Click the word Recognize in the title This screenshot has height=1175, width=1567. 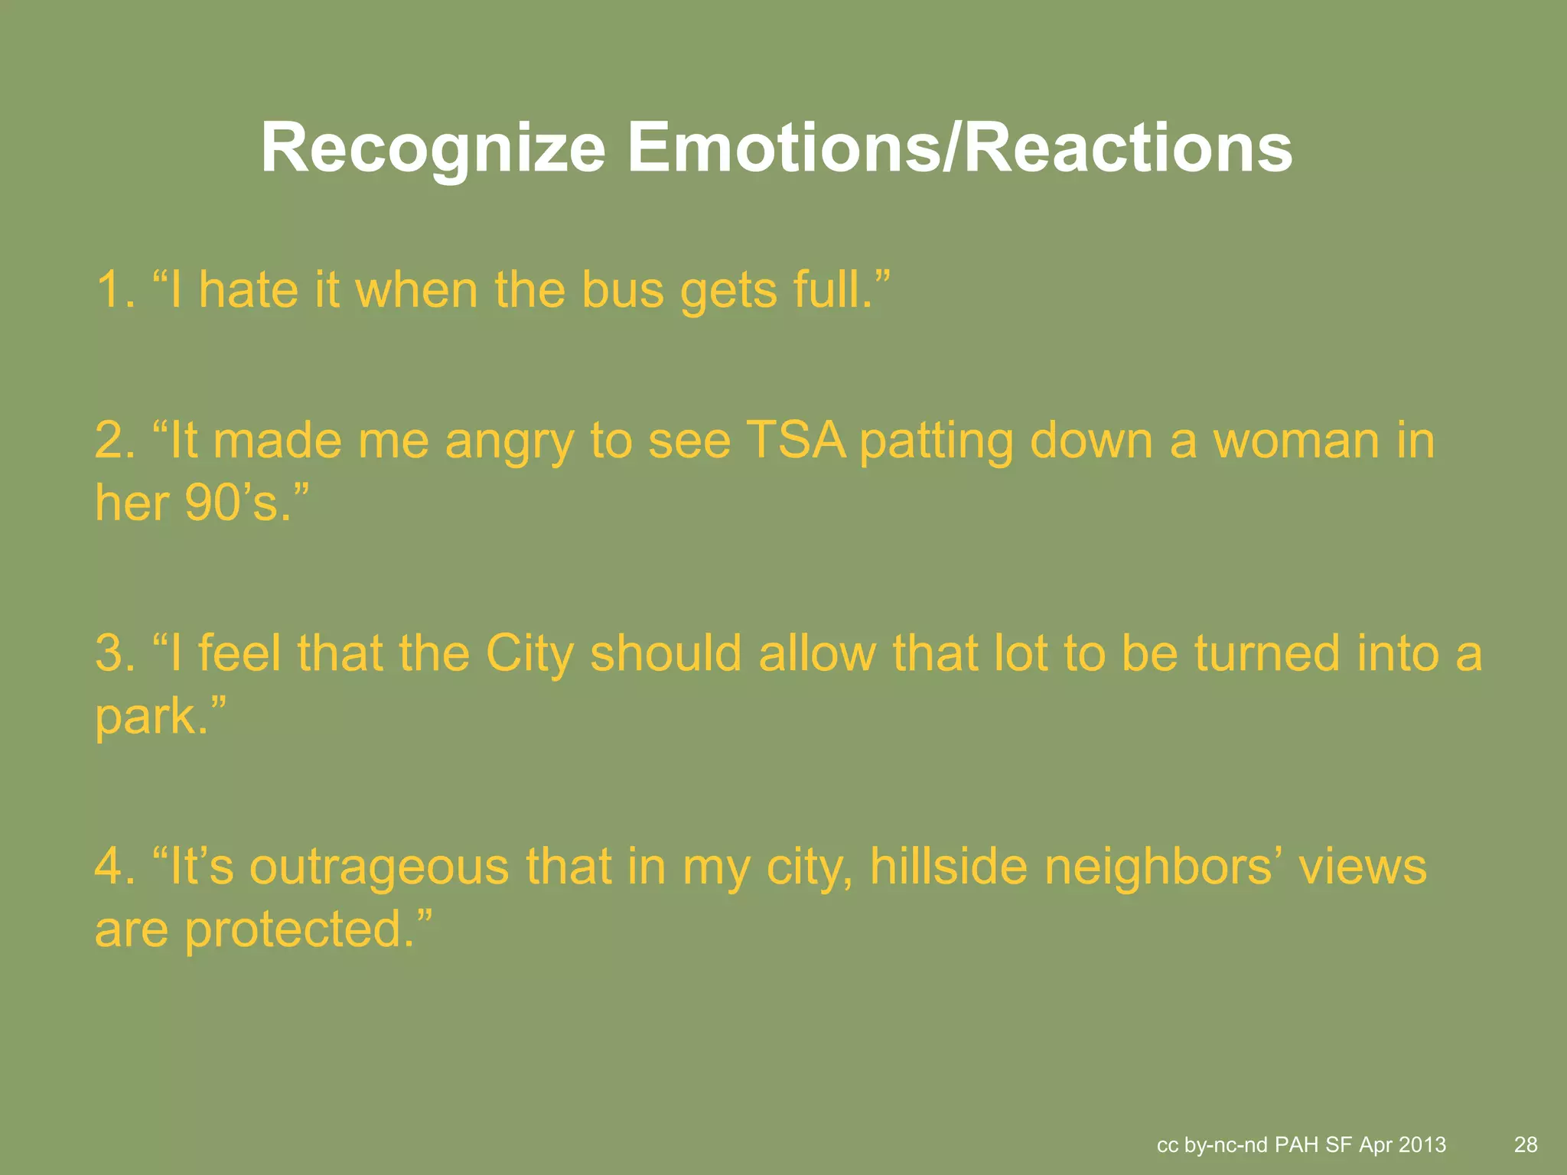[x=433, y=148]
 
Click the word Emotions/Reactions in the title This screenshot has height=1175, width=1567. [x=960, y=148]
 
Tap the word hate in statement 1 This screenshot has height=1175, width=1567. [x=248, y=291]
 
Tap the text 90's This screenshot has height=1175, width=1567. [x=237, y=503]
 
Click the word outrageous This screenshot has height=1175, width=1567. [x=380, y=867]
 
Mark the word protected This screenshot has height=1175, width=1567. [x=294, y=930]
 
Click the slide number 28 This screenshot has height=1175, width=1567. [x=1526, y=1144]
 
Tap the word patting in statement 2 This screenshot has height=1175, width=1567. [x=937, y=442]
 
